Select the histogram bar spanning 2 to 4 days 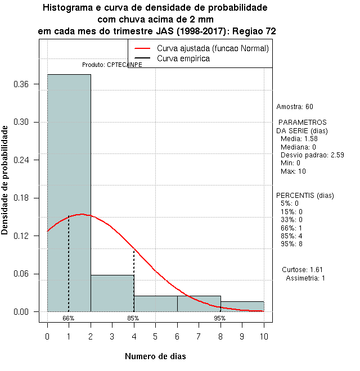tap(112, 293)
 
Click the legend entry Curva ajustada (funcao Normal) tap(213, 49)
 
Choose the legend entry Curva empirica tap(183, 58)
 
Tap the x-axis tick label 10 tap(263, 336)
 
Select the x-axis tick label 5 tap(155, 336)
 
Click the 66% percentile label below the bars tap(69, 318)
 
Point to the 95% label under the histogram tap(220, 318)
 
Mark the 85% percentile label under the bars tap(133, 318)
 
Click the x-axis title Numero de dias tap(155, 356)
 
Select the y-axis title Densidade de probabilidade tap(5, 180)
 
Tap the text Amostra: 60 tap(295, 107)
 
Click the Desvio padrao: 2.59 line tap(312, 155)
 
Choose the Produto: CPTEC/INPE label tap(112, 65)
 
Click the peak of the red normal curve tap(82, 214)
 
